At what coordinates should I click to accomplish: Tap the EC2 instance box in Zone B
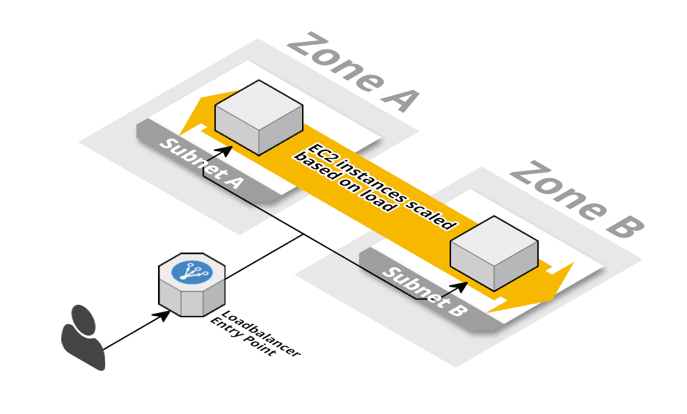click(493, 253)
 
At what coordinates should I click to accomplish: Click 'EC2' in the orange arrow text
click(324, 152)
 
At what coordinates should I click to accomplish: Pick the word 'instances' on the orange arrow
click(376, 182)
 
